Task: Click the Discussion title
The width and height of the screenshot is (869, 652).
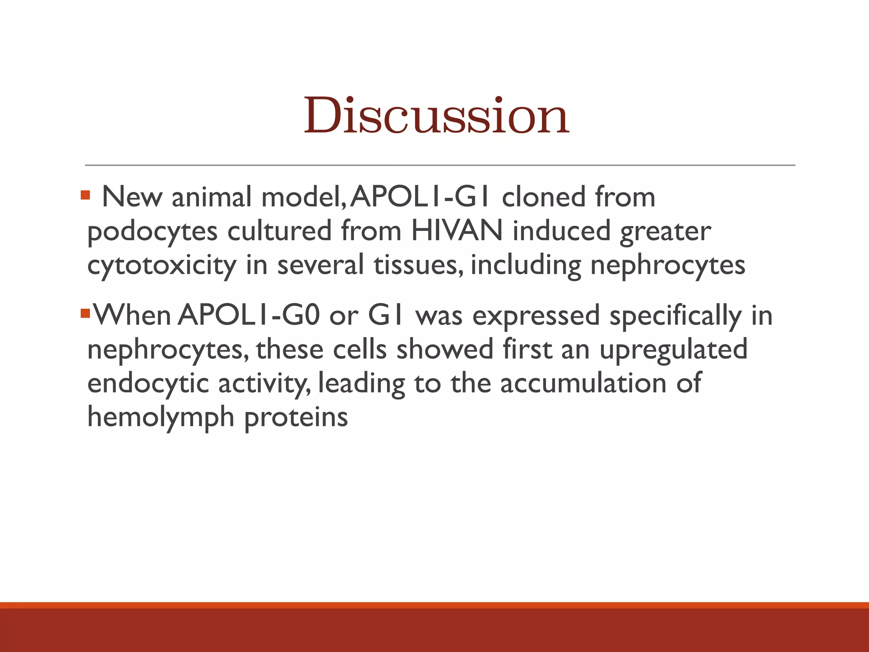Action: click(x=436, y=115)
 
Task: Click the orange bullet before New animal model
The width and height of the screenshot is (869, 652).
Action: click(x=85, y=195)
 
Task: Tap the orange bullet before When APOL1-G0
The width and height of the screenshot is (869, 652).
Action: click(x=85, y=314)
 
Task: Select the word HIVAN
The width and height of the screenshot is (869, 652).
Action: click(x=457, y=231)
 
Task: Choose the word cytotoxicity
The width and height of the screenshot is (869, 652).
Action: click(x=161, y=266)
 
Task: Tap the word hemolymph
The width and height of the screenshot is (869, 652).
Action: click(x=161, y=417)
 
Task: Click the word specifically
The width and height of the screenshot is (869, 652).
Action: click(x=676, y=317)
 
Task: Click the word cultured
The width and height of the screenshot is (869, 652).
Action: click(x=279, y=231)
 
